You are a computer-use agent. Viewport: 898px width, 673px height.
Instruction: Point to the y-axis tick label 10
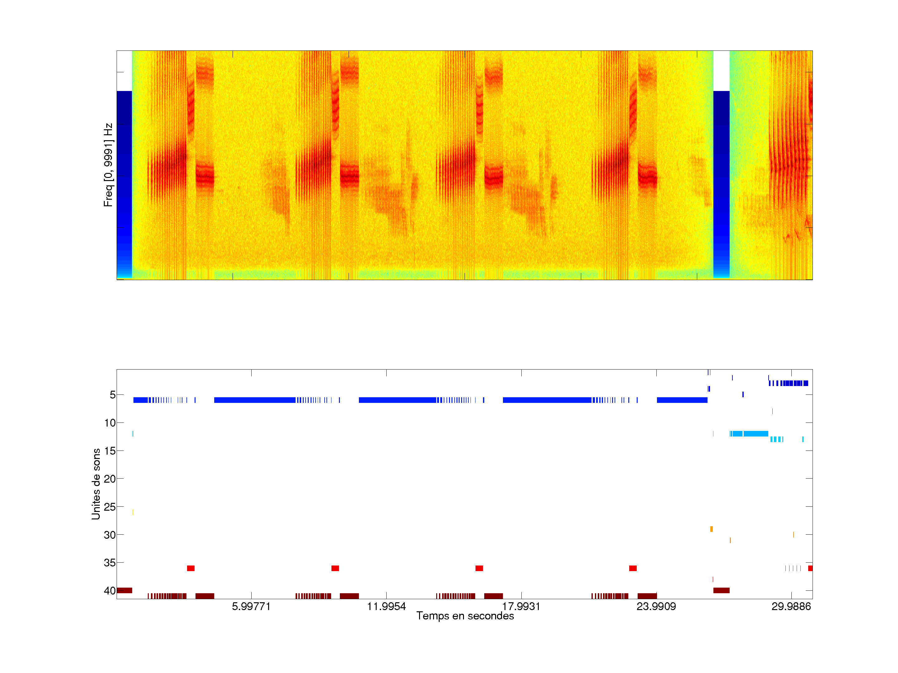point(110,423)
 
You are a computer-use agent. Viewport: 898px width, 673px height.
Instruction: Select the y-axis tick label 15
point(110,451)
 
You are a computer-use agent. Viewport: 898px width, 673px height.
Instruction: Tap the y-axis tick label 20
point(110,479)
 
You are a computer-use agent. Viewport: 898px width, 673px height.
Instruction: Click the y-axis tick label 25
point(110,507)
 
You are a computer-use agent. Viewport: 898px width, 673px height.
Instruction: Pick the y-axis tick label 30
point(110,535)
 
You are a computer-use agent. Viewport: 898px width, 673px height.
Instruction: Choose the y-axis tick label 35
point(110,563)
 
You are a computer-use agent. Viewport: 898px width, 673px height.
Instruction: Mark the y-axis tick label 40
point(110,591)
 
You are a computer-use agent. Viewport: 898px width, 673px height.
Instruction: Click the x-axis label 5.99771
point(251,606)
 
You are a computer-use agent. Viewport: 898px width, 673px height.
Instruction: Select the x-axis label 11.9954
point(386,606)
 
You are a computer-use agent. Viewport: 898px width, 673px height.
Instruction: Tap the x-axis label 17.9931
point(521,606)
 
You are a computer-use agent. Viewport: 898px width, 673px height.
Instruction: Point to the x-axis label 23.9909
point(656,606)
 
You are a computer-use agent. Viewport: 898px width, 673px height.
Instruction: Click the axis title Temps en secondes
point(465,616)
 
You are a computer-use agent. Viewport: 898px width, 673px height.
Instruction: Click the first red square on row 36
point(191,568)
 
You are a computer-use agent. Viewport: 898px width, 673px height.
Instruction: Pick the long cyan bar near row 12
point(755,434)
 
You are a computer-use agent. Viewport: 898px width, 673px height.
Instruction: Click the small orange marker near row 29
point(711,529)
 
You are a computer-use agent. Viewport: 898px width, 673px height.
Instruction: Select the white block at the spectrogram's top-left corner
point(124,71)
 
